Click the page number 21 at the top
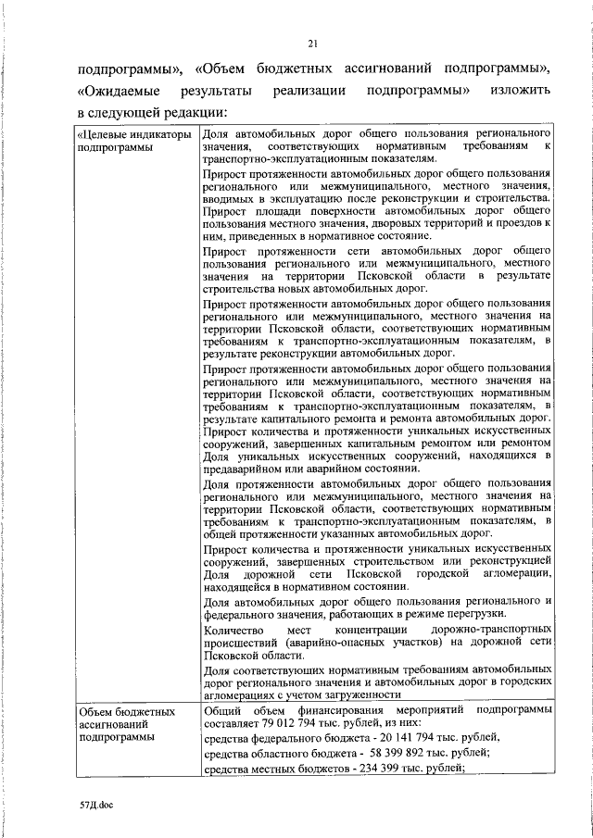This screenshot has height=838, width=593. click(x=313, y=43)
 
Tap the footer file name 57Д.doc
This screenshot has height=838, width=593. click(x=95, y=805)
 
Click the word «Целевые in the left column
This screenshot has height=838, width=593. click(x=108, y=134)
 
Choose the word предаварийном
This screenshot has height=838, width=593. click(x=247, y=469)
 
